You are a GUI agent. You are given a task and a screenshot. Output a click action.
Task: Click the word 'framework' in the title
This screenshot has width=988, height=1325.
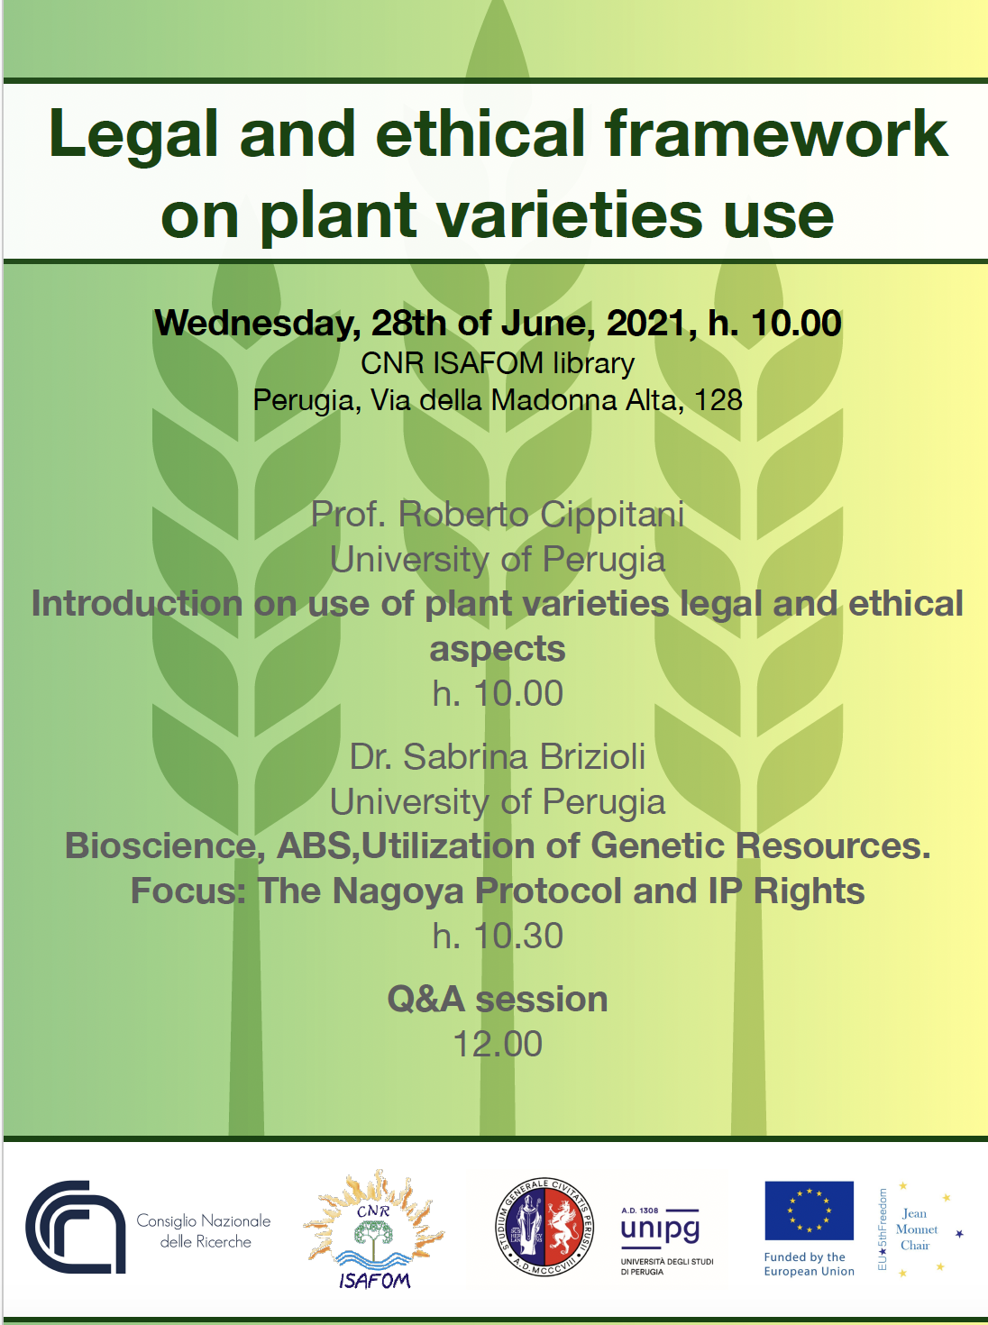tap(776, 133)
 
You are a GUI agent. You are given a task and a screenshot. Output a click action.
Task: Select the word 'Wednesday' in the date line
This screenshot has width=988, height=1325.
tap(253, 324)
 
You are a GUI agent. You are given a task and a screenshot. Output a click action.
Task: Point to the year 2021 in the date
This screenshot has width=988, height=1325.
tap(646, 323)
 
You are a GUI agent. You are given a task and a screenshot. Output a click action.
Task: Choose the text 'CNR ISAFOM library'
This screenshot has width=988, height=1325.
tap(498, 363)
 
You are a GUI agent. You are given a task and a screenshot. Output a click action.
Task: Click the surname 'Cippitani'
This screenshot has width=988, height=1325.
tap(612, 515)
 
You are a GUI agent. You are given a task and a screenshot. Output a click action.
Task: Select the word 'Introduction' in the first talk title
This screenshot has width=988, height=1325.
tap(137, 603)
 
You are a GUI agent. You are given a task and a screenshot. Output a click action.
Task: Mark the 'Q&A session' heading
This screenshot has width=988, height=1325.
tap(498, 999)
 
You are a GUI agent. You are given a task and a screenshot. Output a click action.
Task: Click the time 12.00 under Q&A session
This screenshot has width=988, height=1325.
tap(498, 1044)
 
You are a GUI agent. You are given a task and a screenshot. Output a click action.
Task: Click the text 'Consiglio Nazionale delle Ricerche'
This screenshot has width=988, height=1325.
tap(204, 1231)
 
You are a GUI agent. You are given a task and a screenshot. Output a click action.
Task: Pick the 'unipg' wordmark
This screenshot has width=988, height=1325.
tap(660, 1229)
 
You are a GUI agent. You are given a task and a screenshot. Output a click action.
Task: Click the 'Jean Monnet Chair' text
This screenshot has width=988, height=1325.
tap(916, 1229)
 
